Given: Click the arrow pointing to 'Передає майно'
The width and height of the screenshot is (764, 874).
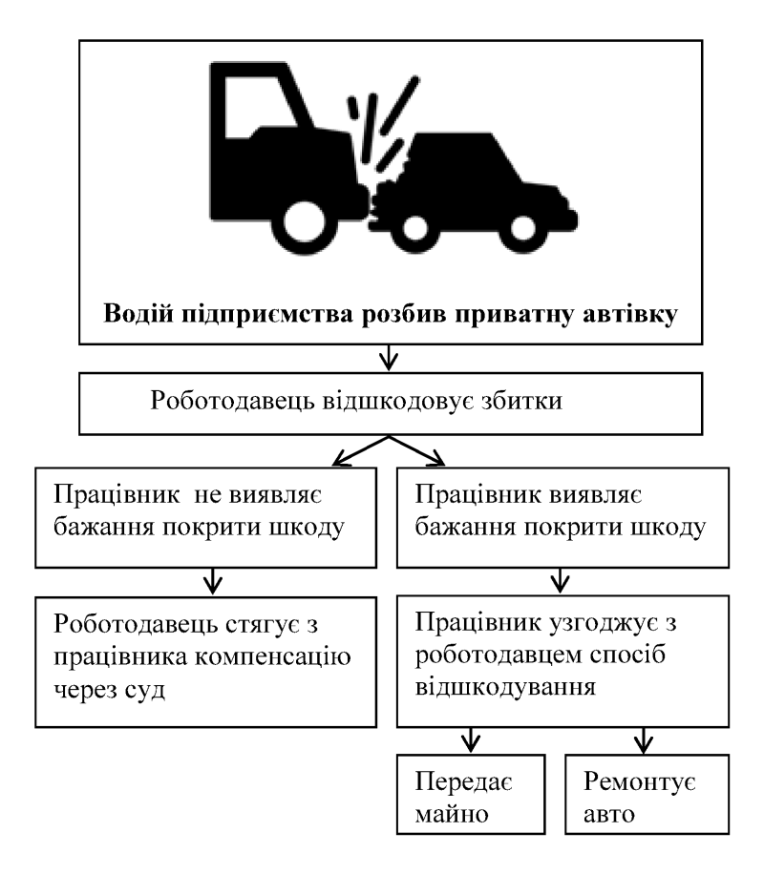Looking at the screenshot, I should pyautogui.click(x=472, y=739).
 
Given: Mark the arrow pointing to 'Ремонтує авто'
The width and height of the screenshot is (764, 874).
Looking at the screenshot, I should pyautogui.click(x=643, y=739).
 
